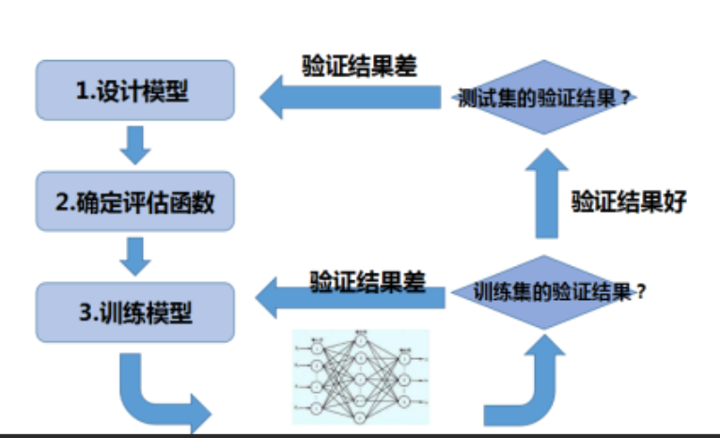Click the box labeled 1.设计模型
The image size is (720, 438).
tap(134, 91)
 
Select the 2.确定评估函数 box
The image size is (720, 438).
tap(134, 201)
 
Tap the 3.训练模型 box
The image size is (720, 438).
tap(134, 311)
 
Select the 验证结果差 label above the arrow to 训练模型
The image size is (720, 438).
tap(368, 280)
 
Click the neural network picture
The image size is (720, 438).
tap(360, 375)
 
